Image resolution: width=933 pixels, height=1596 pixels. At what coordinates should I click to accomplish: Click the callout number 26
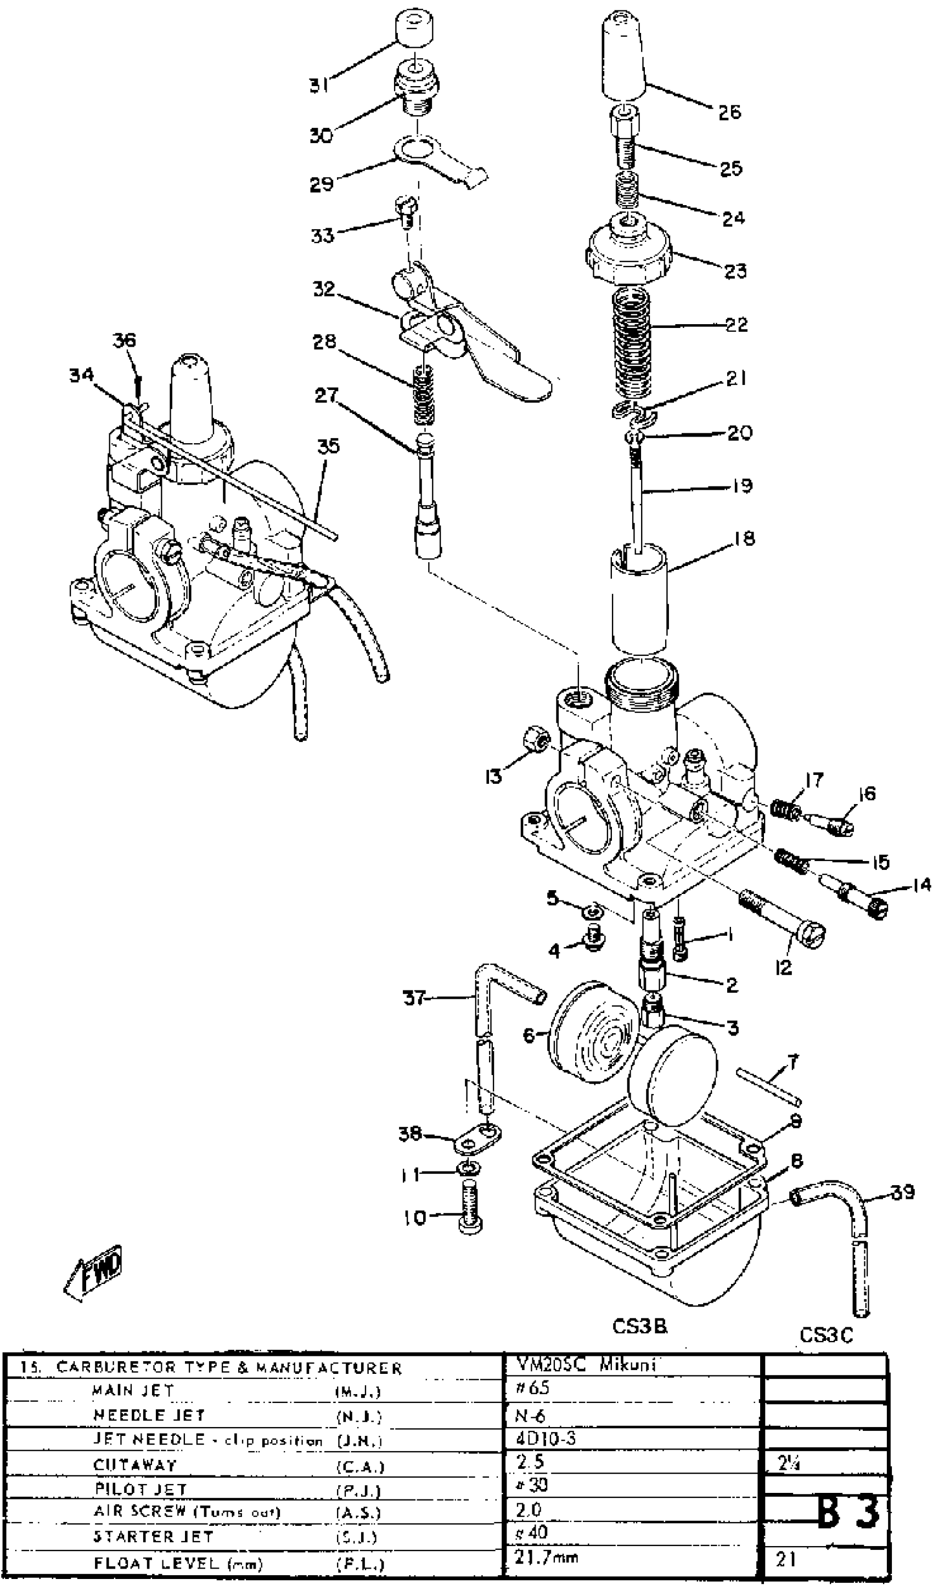[729, 112]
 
